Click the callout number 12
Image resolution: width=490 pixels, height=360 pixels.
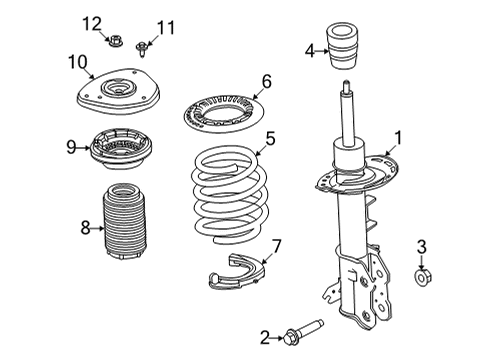tap(92, 24)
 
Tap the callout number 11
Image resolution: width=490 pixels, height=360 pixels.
tap(166, 28)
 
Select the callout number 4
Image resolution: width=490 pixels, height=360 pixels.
tap(310, 51)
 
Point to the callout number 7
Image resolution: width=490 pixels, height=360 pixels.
tap(277, 246)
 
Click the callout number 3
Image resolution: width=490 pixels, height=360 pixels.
tap(422, 247)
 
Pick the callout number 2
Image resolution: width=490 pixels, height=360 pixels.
tap(265, 338)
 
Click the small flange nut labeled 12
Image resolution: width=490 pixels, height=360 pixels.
tap(116, 41)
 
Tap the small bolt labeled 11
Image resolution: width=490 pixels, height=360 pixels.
tap(142, 49)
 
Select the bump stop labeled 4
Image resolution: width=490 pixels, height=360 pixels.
tap(343, 46)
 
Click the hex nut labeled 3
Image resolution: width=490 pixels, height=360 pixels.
tap(423, 276)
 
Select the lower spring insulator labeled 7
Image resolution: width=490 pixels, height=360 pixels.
tap(236, 272)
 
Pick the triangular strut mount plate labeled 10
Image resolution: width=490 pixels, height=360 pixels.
tap(118, 91)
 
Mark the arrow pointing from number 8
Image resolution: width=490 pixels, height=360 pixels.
tap(98, 228)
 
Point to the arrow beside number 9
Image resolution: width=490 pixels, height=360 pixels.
tap(83, 147)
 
